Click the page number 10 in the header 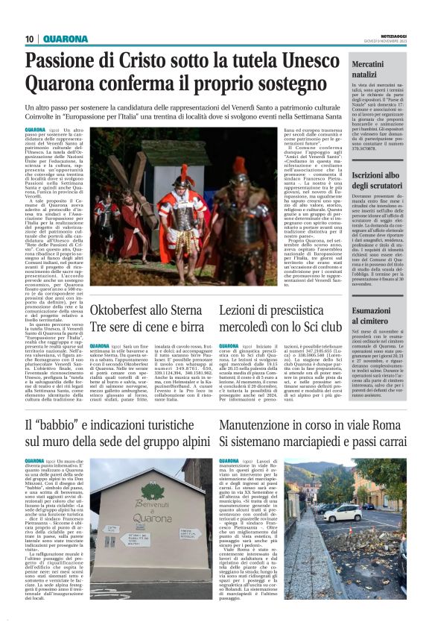pyautogui.click(x=29, y=39)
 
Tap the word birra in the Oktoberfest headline pyautogui.click(x=191, y=326)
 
